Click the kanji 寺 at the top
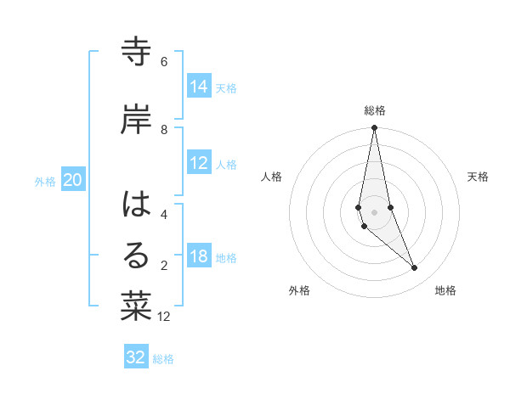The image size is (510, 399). (136, 53)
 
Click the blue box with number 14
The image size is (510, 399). (199, 86)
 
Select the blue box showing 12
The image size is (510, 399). (199, 164)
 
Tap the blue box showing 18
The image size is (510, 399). (199, 257)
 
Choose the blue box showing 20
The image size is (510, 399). (73, 180)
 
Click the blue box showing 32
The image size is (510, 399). (136, 357)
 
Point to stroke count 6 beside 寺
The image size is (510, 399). (164, 62)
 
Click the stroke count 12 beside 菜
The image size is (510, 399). (164, 317)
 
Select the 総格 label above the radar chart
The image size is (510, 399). (375, 110)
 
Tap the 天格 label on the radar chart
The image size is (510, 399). (478, 177)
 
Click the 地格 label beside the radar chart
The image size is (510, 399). (445, 290)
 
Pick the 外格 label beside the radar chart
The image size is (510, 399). (299, 290)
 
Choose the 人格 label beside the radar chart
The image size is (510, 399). (271, 177)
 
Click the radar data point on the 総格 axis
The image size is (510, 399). (374, 128)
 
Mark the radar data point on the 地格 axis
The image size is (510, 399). (415, 268)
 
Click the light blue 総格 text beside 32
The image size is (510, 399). (163, 359)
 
